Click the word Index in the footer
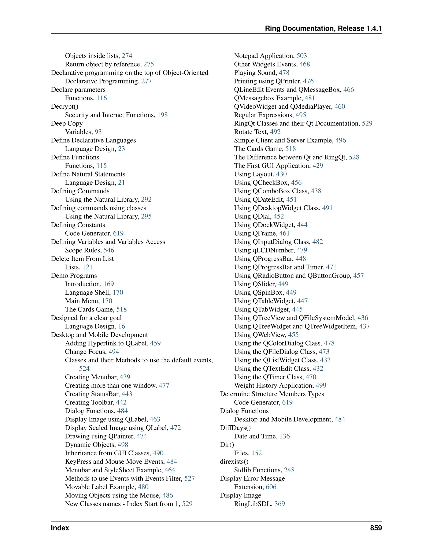tap(60, 528)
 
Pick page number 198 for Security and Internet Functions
tap(162, 115)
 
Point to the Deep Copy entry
tap(67, 123)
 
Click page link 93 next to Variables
tap(98, 132)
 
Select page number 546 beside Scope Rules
tap(109, 250)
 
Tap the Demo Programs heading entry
tap(74, 276)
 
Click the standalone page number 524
tap(84, 369)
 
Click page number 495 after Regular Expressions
tap(301, 115)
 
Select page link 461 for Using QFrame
tap(285, 233)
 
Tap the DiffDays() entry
tap(235, 428)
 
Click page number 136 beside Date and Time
tap(285, 436)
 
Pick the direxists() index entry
tap(234, 462)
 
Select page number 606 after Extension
tap(271, 487)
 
